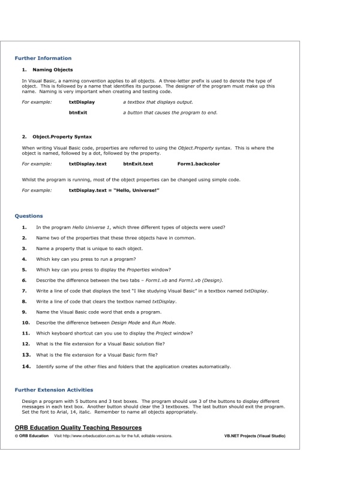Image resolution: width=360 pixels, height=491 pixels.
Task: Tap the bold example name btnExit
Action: [79, 113]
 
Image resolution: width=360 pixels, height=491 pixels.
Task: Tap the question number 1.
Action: [24, 227]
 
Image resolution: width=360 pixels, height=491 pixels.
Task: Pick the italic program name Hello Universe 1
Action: [88, 227]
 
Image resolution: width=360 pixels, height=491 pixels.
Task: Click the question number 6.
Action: [24, 280]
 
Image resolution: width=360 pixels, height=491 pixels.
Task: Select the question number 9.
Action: [24, 312]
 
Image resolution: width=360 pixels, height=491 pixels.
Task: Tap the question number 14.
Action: [26, 366]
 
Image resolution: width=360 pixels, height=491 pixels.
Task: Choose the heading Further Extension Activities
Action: [54, 389]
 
